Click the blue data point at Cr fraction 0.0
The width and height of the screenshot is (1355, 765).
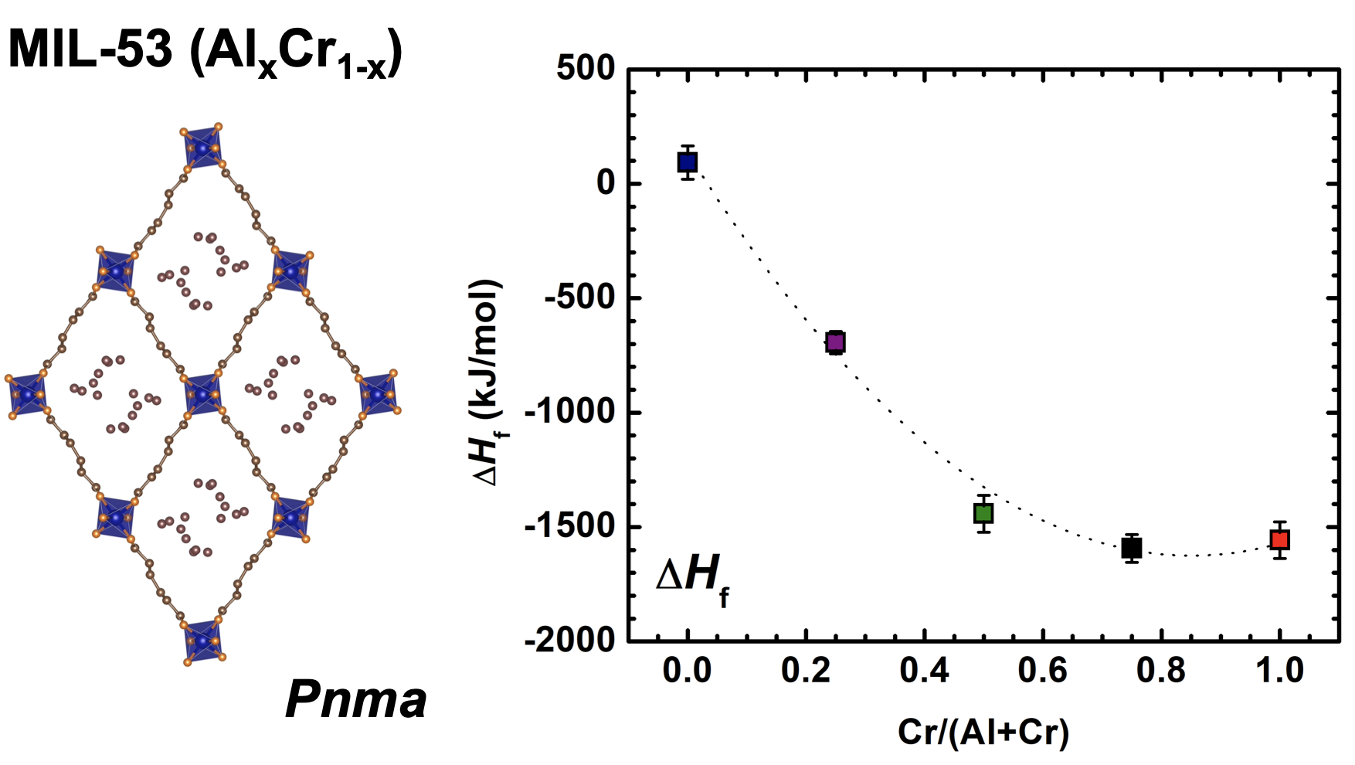click(687, 162)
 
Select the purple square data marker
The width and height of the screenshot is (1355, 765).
click(835, 342)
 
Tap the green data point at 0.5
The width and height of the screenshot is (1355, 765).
click(983, 512)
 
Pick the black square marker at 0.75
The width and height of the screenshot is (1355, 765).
click(1132, 548)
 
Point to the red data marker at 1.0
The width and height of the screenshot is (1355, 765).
click(1280, 539)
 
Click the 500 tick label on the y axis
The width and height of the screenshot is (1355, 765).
click(586, 69)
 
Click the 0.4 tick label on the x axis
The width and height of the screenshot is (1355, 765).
click(924, 670)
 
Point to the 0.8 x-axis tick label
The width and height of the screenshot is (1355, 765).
click(1161, 670)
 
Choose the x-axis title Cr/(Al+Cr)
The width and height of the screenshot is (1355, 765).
click(983, 731)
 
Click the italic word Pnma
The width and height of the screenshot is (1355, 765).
click(355, 700)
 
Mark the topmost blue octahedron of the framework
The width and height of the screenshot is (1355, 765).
click(203, 147)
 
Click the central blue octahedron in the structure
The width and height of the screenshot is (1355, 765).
click(203, 394)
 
